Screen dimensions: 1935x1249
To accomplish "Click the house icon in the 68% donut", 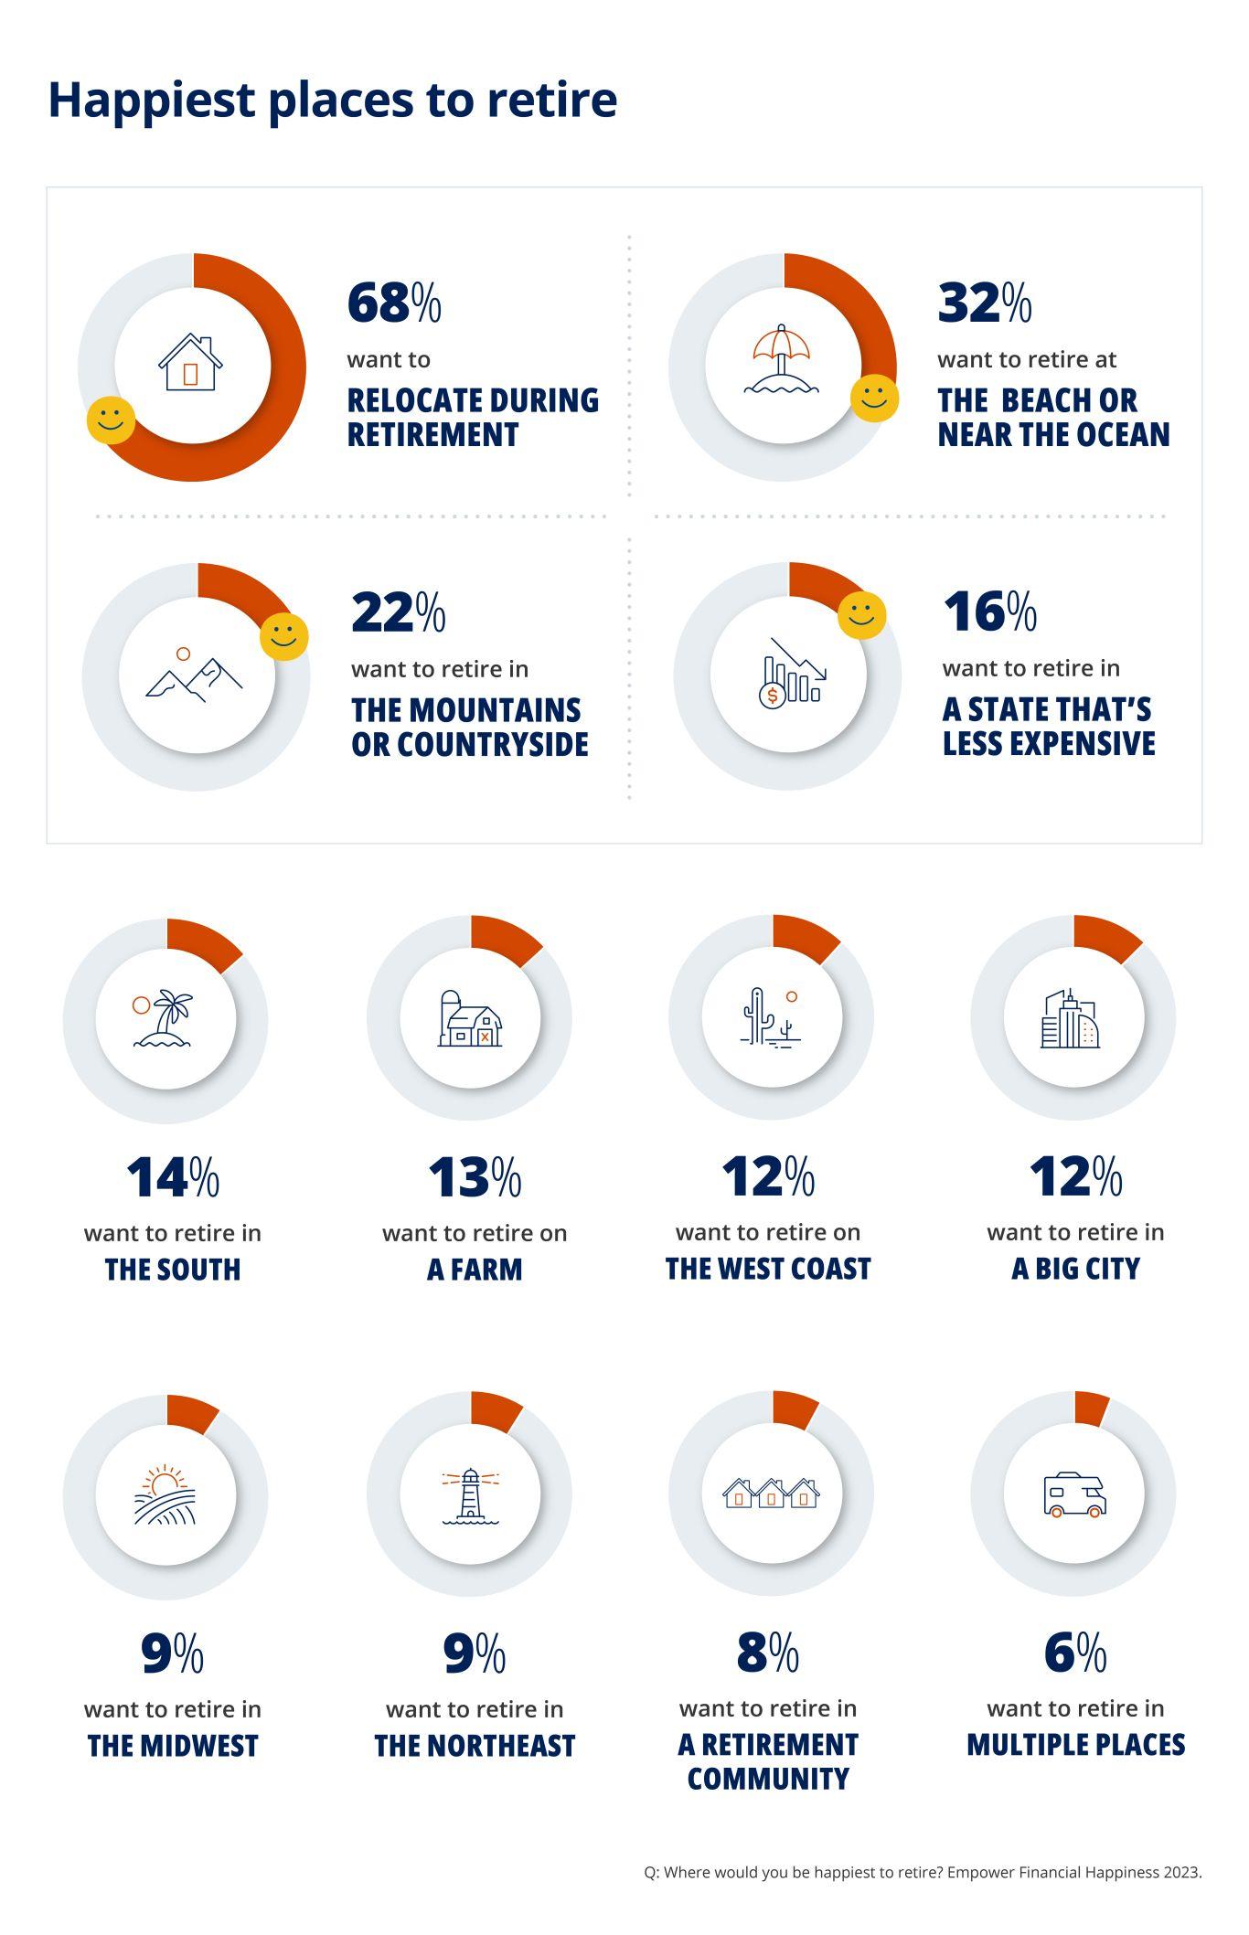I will coord(190,364).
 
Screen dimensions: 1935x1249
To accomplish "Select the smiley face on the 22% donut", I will coord(283,637).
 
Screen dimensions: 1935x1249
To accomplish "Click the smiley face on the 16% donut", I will coord(861,615).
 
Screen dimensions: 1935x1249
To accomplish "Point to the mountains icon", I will coord(194,676).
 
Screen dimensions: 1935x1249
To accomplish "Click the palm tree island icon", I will coord(165,1018).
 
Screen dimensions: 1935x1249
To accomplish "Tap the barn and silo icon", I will coord(470,1018).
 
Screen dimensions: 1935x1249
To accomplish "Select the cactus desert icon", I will coord(770,1018).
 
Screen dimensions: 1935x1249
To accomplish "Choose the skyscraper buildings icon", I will coord(1070,1018).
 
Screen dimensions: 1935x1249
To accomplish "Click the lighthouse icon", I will coord(470,1496).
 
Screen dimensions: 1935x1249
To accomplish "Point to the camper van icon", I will coord(1074,1495).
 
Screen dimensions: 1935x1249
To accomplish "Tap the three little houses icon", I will coord(771,1494).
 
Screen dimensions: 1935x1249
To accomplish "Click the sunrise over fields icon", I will coord(165,1495).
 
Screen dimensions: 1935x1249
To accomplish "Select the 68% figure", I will coord(394,303).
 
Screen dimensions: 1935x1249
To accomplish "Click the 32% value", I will coord(985,303).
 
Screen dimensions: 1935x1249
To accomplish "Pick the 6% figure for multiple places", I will coord(1074,1653).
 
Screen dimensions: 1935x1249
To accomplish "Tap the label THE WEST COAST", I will coord(768,1269).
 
